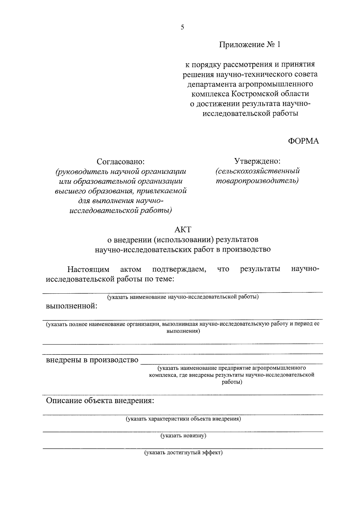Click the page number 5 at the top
tap(182, 28)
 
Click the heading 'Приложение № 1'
tap(250, 45)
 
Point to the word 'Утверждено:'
tap(257, 161)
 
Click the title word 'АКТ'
tap(183, 230)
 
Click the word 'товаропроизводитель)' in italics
tap(257, 181)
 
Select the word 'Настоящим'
tap(88, 269)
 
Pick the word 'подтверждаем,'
tap(179, 269)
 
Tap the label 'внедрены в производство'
tap(92, 360)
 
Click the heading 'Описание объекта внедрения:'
tap(100, 401)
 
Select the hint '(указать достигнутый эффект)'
tap(183, 453)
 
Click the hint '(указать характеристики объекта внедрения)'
tap(183, 419)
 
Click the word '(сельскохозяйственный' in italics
tap(258, 171)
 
